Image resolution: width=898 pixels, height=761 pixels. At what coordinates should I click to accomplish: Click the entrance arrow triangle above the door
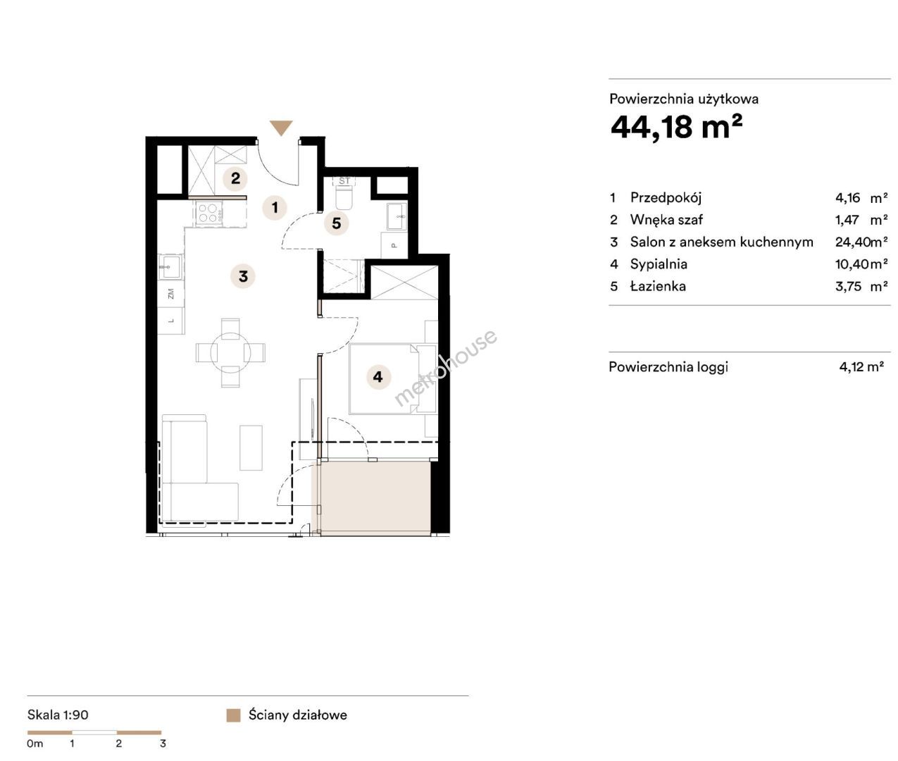[x=280, y=127]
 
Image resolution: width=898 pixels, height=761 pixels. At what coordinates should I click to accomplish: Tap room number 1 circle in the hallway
[x=275, y=207]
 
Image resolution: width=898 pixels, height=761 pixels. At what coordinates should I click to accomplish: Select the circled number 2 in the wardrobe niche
[x=235, y=178]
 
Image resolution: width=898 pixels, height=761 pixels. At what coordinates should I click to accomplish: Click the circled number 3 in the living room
[x=243, y=276]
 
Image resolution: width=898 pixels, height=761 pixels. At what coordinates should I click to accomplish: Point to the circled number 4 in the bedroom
[x=378, y=376]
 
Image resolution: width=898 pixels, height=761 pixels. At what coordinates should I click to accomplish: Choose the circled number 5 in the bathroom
[x=336, y=223]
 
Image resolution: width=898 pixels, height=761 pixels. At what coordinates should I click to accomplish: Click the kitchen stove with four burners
[x=208, y=214]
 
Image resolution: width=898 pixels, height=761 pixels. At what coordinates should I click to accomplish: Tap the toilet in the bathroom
[x=345, y=199]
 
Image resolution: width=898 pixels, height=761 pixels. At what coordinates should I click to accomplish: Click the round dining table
[x=231, y=352]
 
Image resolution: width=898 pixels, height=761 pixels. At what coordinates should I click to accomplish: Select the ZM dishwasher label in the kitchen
[x=170, y=294]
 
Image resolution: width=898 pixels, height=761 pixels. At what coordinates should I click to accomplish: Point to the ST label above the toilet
[x=344, y=180]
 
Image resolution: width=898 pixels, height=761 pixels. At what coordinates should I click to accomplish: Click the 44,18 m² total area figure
[x=676, y=126]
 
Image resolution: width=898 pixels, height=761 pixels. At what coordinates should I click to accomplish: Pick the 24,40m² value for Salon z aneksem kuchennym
[x=861, y=242]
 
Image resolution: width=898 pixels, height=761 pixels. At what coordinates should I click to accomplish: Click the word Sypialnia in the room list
[x=659, y=264]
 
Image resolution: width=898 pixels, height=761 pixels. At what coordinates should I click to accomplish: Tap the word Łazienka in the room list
[x=658, y=286]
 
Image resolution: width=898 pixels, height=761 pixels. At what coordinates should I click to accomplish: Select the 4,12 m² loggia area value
[x=861, y=367]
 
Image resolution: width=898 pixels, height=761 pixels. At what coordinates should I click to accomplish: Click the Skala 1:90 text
[x=58, y=714]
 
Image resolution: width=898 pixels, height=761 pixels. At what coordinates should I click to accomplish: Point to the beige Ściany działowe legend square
[x=233, y=715]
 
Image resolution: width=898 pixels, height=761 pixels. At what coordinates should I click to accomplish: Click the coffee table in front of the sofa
[x=251, y=447]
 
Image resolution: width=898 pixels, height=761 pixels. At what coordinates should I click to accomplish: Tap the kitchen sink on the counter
[x=170, y=266]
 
